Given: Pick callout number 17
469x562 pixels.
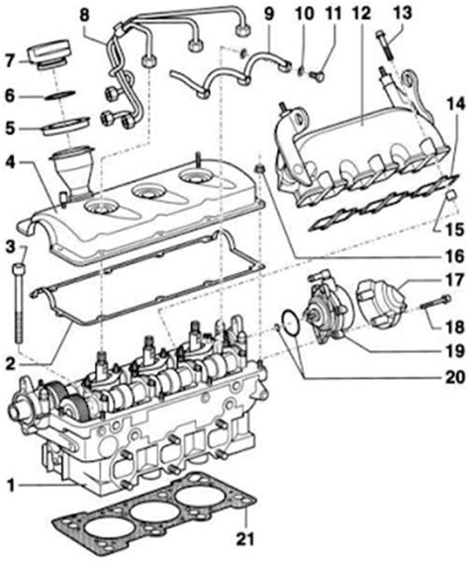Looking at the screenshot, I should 454,278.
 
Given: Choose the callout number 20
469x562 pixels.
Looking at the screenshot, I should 454,348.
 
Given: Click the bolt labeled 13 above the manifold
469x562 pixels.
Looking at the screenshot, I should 384,44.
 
